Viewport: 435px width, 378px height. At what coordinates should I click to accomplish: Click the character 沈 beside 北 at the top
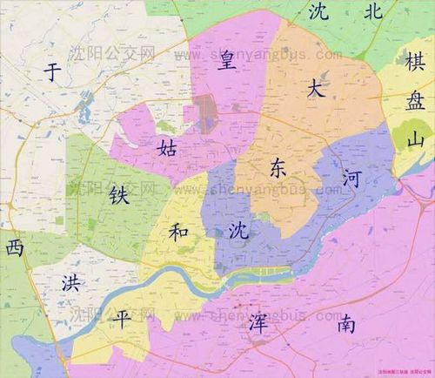point(318,11)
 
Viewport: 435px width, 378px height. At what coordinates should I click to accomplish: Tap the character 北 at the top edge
point(374,11)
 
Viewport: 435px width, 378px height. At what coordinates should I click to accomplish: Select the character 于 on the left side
point(55,73)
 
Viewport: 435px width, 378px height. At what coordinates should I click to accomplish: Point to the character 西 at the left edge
point(15,247)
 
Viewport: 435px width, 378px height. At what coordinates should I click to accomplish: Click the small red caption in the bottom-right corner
point(403,369)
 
